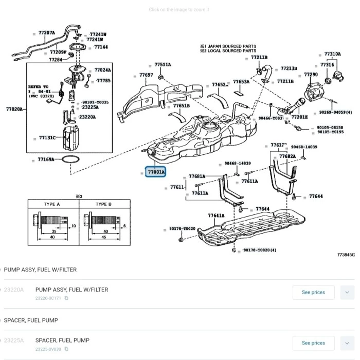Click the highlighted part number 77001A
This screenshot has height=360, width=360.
[x=156, y=172]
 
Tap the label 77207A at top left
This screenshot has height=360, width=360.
[x=46, y=33]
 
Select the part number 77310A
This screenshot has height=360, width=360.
[x=332, y=54]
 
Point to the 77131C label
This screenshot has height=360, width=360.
[x=47, y=138]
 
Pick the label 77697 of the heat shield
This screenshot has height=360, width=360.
[x=146, y=75]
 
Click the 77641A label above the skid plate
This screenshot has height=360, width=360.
[x=216, y=215]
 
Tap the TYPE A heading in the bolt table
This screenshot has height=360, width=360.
[x=52, y=204]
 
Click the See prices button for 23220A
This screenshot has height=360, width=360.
[x=313, y=292]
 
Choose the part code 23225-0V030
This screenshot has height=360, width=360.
[x=48, y=349]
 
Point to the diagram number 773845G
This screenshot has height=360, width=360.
[x=346, y=255]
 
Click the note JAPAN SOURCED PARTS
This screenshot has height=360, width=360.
[x=231, y=46]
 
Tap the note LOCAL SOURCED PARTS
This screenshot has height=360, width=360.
[x=231, y=51]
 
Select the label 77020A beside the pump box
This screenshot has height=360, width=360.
[x=14, y=109]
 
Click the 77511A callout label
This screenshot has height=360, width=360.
[x=163, y=65]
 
